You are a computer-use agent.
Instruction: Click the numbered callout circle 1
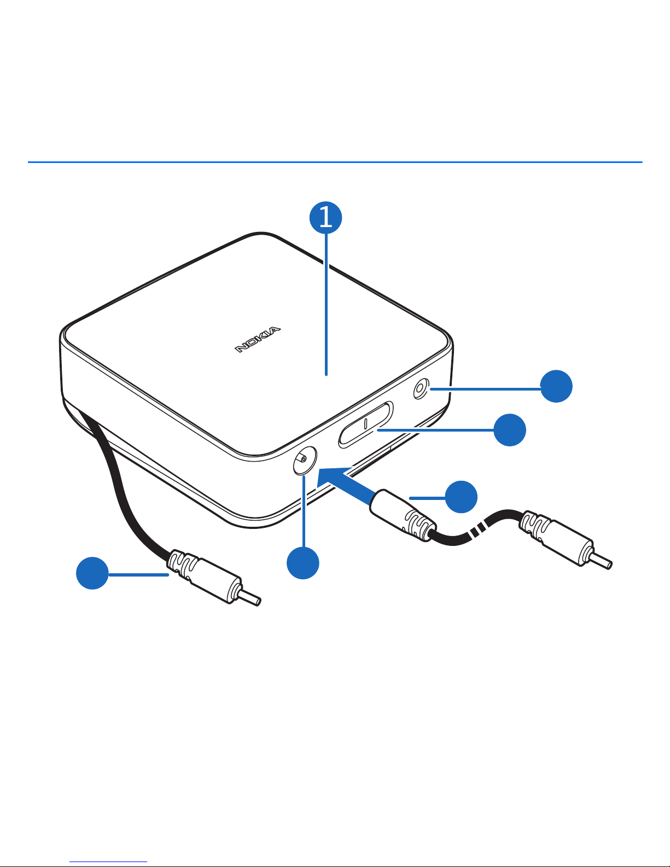[x=326, y=218]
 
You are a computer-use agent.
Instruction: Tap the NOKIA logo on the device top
[x=258, y=340]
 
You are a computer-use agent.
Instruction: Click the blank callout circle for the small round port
[x=556, y=386]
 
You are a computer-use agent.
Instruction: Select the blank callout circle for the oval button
[x=510, y=430]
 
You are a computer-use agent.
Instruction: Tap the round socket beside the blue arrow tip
[x=305, y=460]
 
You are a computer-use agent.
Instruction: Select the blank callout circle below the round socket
[x=302, y=563]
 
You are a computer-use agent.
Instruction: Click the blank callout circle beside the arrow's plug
[x=461, y=497]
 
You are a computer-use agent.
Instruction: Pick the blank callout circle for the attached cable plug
[x=92, y=573]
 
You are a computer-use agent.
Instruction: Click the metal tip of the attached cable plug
[x=250, y=597]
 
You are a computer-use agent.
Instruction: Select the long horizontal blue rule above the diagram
[x=335, y=162]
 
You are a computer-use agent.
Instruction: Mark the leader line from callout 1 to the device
[x=326, y=304]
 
